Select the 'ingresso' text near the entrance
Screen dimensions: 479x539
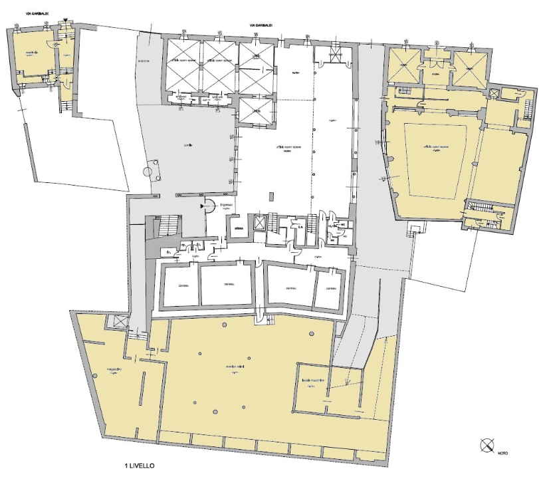(225, 206)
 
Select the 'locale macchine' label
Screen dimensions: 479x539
(312, 381)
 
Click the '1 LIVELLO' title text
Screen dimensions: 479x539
(139, 466)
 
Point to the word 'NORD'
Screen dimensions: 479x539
(502, 454)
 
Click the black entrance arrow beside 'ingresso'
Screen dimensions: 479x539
(201, 207)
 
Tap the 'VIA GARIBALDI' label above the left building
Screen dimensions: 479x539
(23, 21)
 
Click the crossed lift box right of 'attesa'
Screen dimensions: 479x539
(257, 222)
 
